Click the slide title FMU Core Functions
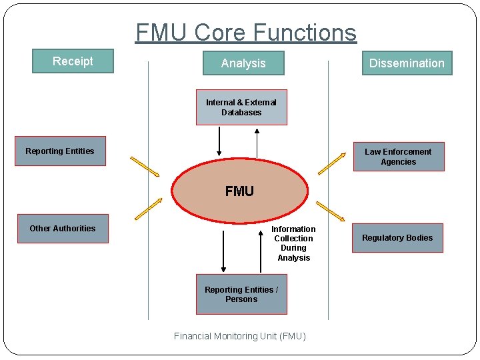tap(245, 32)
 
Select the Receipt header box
tap(73, 61)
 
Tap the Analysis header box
tap(243, 63)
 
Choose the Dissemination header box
tap(407, 63)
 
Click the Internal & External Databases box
tap(241, 107)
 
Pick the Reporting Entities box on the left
tap(60, 151)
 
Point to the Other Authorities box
tap(63, 229)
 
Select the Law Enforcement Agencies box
tap(398, 157)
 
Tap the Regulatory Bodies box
tap(397, 238)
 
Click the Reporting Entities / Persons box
tap(241, 295)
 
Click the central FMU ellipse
tap(239, 191)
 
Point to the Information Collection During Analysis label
tap(293, 243)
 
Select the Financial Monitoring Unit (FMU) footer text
tap(240, 336)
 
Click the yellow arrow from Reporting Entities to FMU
tap(145, 167)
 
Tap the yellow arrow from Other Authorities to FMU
tap(148, 209)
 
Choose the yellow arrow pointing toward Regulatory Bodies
tap(330, 211)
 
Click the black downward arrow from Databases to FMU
tap(218, 140)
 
